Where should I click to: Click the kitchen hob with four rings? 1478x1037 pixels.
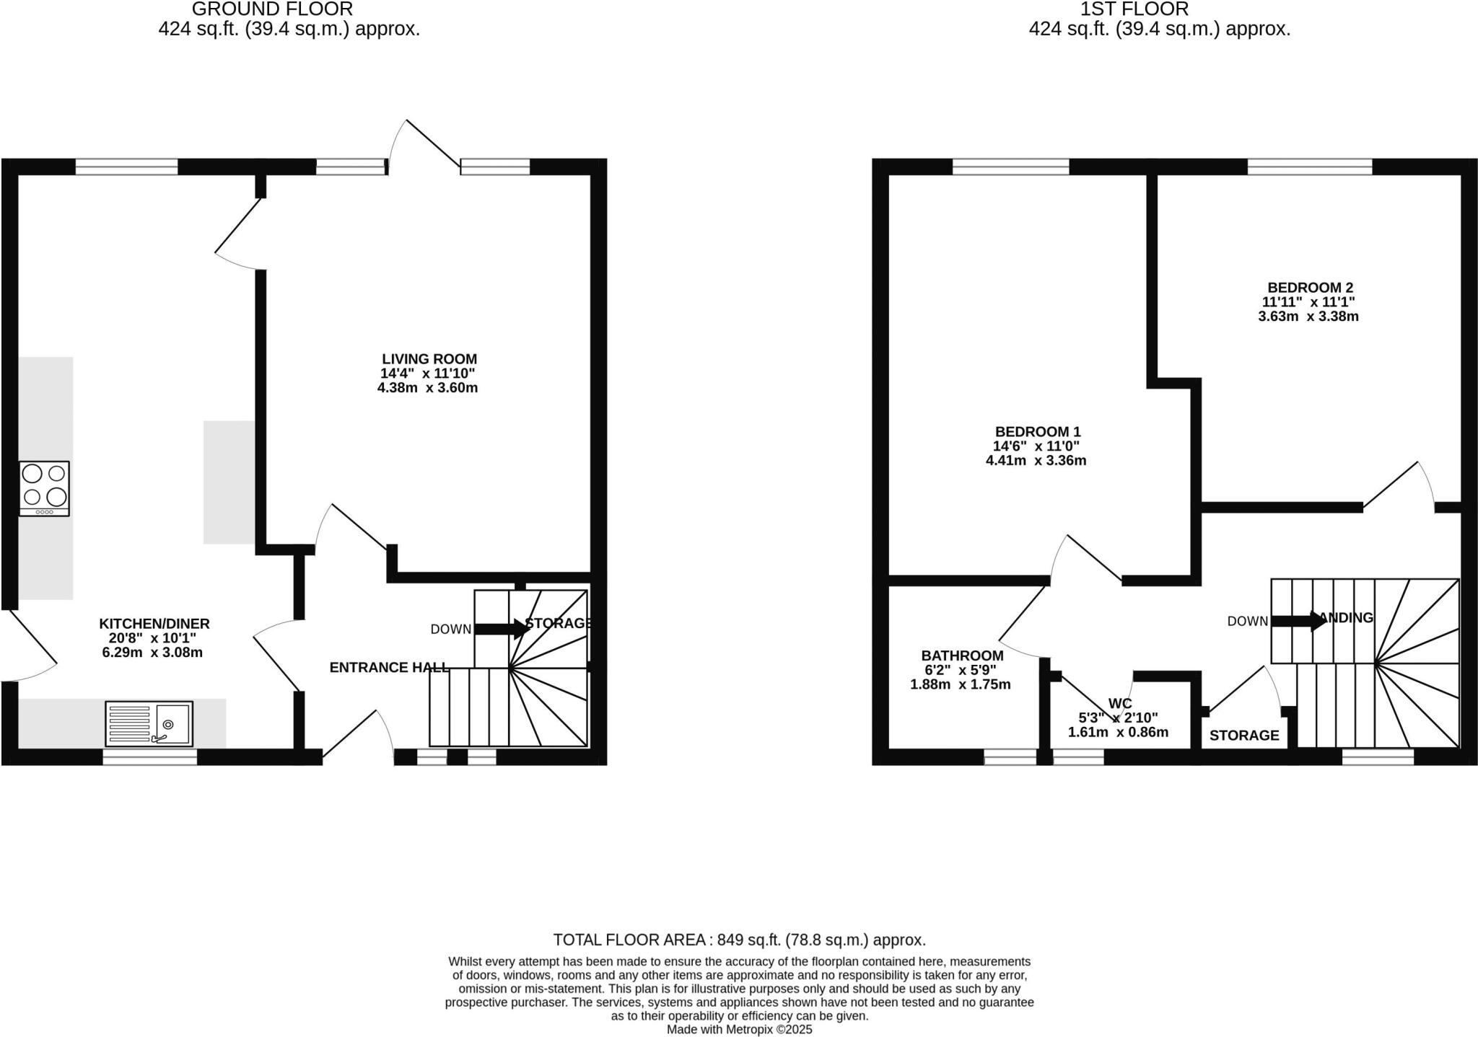coord(45,487)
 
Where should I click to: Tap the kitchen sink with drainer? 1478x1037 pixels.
coord(149,723)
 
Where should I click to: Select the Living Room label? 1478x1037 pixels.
coord(429,359)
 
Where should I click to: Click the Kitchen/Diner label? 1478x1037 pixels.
coord(154,624)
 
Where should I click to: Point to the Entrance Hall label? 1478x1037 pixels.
coord(389,668)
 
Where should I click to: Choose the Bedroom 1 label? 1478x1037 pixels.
coord(1038,432)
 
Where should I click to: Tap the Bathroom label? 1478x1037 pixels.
coord(962,656)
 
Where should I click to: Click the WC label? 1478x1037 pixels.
coord(1120,703)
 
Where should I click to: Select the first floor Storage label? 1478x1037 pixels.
coord(1244,736)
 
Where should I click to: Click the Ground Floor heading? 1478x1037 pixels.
coord(273,9)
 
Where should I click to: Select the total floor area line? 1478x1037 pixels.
coord(739,940)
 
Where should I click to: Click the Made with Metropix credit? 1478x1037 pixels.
coord(739,1030)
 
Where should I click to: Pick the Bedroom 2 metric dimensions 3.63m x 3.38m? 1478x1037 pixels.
coord(1308,317)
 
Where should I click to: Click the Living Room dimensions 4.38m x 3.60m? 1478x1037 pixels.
coord(428,388)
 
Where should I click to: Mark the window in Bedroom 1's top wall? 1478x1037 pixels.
coord(1010,167)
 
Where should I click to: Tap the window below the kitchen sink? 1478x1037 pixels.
coord(149,757)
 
